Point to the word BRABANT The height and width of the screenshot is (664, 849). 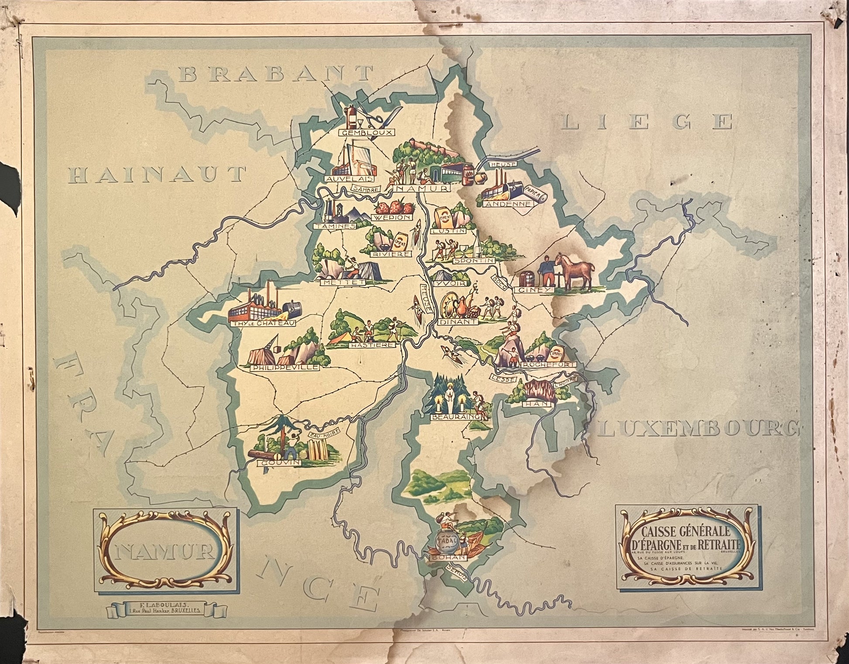(x=277, y=74)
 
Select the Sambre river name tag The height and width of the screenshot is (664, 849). (x=366, y=189)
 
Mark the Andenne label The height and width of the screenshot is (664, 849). (x=509, y=204)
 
